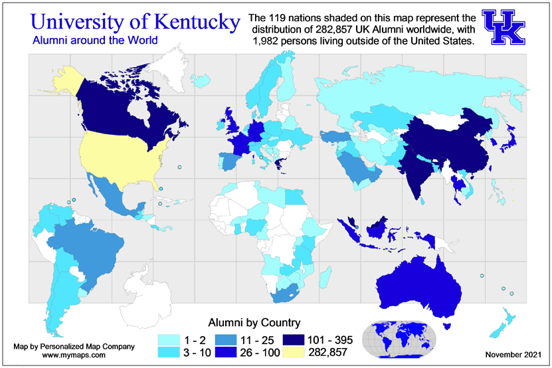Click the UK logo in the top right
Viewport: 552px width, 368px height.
(x=506, y=27)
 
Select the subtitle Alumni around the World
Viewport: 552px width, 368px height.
(x=86, y=41)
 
